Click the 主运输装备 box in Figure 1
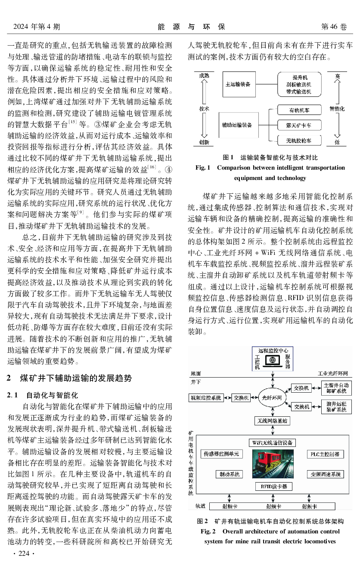(x=238, y=84)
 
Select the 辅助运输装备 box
(x=237, y=124)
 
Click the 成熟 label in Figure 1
(x=204, y=76)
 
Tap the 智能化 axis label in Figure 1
(x=337, y=109)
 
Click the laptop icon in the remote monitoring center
(x=272, y=360)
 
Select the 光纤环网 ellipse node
(x=272, y=397)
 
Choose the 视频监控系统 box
(x=206, y=397)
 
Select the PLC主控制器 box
(x=325, y=454)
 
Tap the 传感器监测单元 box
(x=220, y=454)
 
